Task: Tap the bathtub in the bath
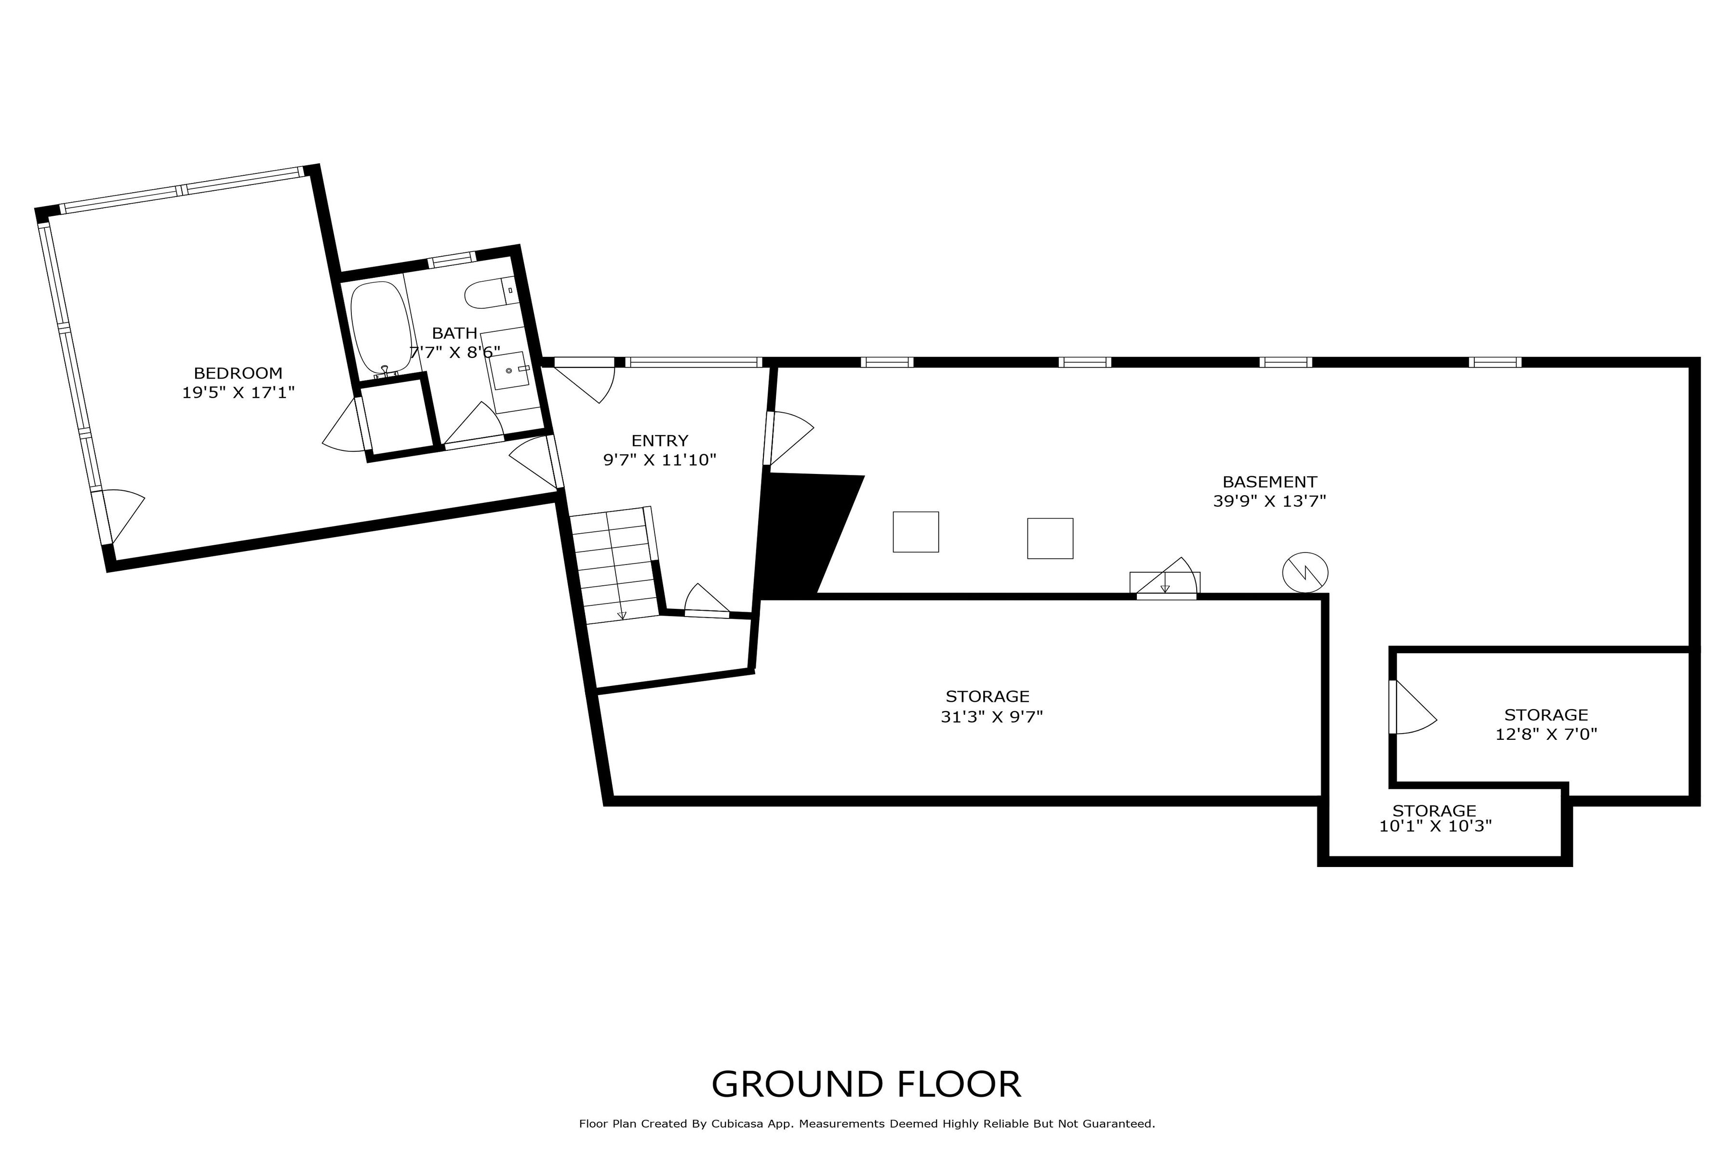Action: pos(381,329)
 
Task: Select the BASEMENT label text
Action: pos(1269,482)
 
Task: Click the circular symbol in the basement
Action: pos(1306,572)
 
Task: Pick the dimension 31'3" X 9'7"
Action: pos(991,717)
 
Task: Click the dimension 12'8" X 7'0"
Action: pos(1546,734)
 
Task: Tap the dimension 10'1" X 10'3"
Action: pos(1436,827)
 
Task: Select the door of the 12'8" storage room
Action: pos(1412,707)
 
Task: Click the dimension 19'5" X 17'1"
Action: pos(238,392)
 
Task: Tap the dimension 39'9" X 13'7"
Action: pos(1269,501)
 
